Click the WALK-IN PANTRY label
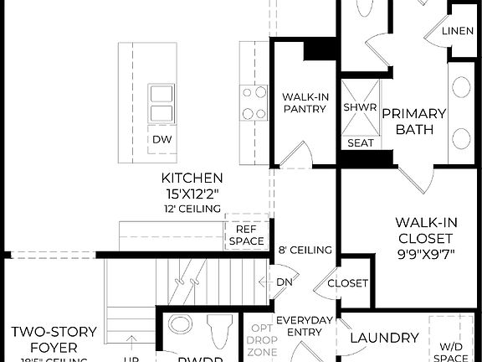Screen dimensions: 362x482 [304, 102]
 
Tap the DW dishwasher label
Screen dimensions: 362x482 [162, 139]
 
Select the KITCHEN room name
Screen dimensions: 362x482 [192, 178]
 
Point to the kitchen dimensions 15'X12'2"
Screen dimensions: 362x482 [192, 193]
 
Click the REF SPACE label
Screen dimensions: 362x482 [245, 235]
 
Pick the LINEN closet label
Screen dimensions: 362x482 [457, 31]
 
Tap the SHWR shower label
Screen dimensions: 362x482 [361, 108]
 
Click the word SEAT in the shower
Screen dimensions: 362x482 [361, 143]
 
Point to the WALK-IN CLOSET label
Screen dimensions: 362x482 [426, 230]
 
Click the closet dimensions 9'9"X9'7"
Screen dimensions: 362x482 [426, 256]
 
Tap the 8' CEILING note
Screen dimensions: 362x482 [305, 250]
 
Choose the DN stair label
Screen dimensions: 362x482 [285, 282]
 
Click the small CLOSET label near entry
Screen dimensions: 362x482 [347, 283]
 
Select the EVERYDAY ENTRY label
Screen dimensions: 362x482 [305, 326]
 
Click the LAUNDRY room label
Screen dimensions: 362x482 [384, 338]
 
